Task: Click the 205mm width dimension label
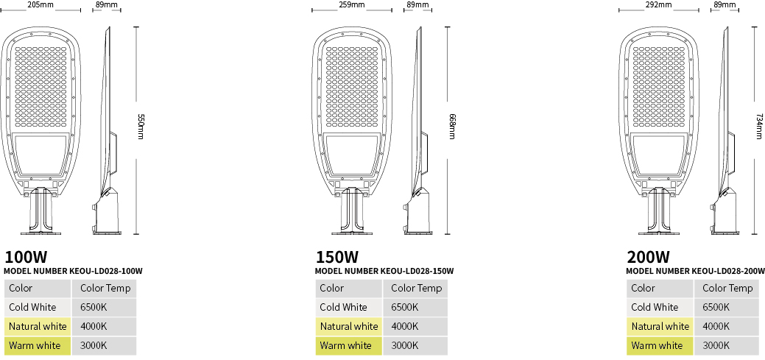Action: coord(41,5)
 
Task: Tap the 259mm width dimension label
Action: coord(351,5)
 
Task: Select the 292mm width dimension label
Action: coord(658,5)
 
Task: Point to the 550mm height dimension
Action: coord(141,127)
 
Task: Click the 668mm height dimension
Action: coord(452,127)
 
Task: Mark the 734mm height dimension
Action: coord(758,127)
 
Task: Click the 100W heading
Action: coord(25,257)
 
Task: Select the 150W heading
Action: coord(336,257)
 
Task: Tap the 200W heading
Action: coord(648,257)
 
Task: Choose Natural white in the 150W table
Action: coord(349,326)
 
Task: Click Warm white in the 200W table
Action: coord(658,346)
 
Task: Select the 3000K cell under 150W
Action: coord(404,346)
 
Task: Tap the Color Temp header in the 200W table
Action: coord(727,289)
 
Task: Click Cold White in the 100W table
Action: coord(32,307)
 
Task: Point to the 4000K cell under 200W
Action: coord(716,326)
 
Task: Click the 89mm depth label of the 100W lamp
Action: coord(106,5)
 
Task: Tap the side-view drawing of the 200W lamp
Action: coord(725,131)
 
